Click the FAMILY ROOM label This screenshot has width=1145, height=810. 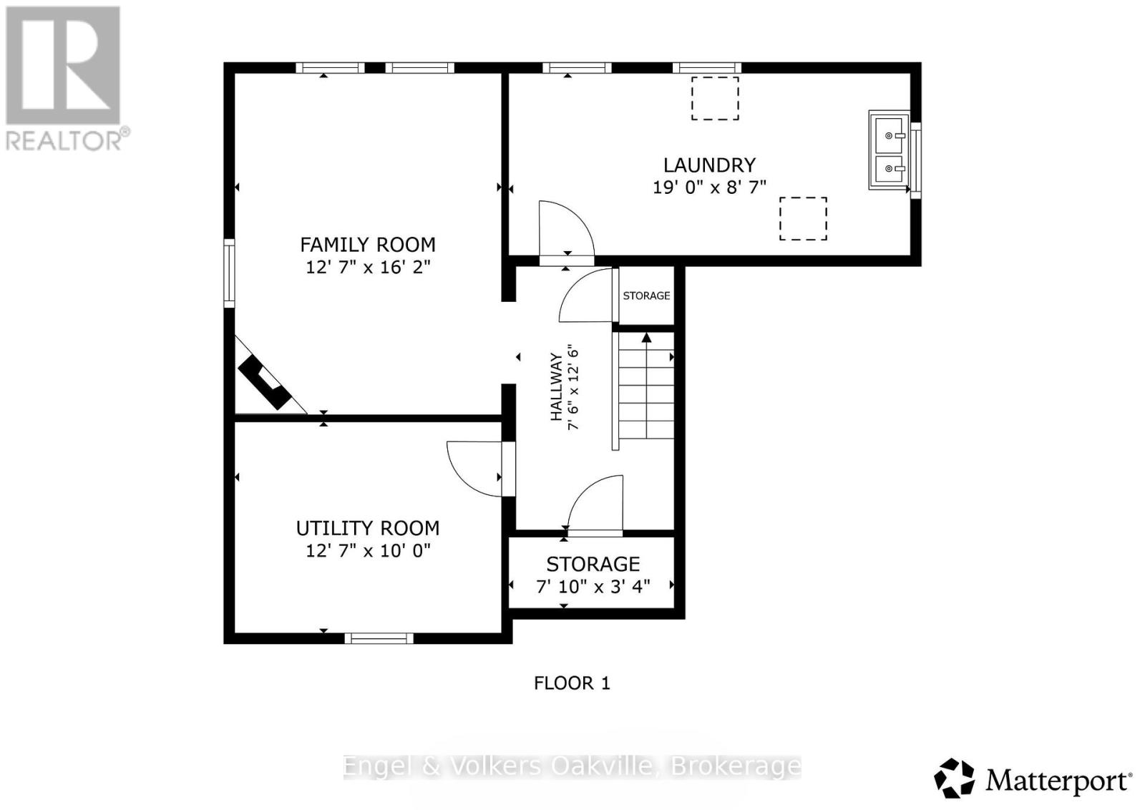(x=367, y=245)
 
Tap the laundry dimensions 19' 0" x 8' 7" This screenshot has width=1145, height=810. (x=709, y=187)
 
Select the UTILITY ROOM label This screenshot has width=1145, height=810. (x=367, y=528)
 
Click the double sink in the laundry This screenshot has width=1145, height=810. (x=890, y=151)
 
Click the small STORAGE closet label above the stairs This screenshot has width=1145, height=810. (x=646, y=296)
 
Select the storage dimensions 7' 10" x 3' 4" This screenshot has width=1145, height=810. (x=593, y=586)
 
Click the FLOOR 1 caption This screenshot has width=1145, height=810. (x=572, y=683)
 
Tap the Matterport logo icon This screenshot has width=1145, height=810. (x=955, y=779)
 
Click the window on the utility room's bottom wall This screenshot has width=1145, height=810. (x=379, y=638)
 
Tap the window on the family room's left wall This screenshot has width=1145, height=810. (x=229, y=273)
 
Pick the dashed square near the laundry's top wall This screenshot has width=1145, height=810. (x=715, y=99)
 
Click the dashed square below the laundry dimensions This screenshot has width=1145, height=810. (x=803, y=219)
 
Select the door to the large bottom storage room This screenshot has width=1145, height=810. (x=595, y=505)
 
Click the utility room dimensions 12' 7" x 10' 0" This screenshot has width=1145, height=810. (x=367, y=551)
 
